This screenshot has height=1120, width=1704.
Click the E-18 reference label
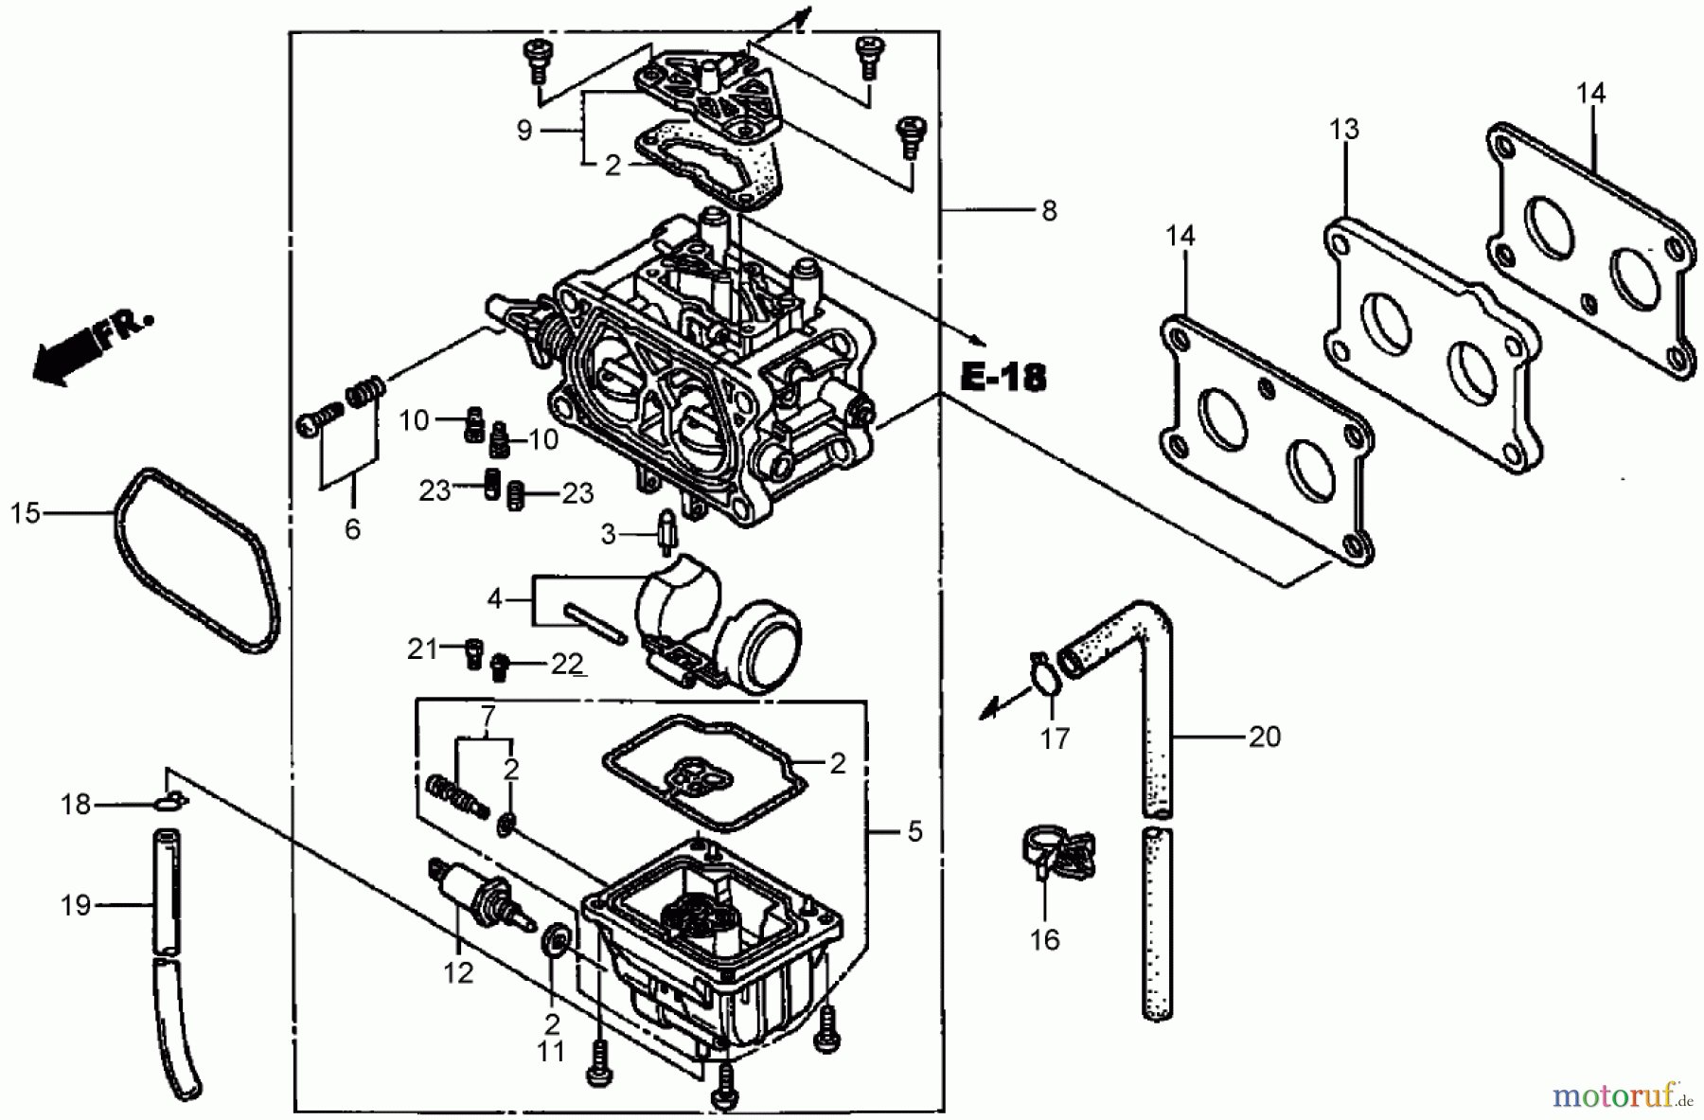(1003, 378)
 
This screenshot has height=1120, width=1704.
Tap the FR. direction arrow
(90, 347)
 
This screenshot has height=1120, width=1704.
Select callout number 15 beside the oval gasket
(26, 513)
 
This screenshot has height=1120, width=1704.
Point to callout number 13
(1343, 129)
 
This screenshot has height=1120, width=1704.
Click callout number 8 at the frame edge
(1048, 210)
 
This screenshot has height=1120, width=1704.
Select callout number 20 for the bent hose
(1265, 736)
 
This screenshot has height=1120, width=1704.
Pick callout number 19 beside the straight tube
(76, 905)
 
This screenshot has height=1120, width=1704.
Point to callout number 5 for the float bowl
(914, 831)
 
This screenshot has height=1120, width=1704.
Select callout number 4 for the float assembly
(494, 599)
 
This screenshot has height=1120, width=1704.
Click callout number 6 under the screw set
(352, 528)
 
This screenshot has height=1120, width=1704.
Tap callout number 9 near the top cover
(524, 131)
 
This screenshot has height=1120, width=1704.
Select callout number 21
(422, 649)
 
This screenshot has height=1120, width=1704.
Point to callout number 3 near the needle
(609, 535)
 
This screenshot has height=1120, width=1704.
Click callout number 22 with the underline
(566, 665)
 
